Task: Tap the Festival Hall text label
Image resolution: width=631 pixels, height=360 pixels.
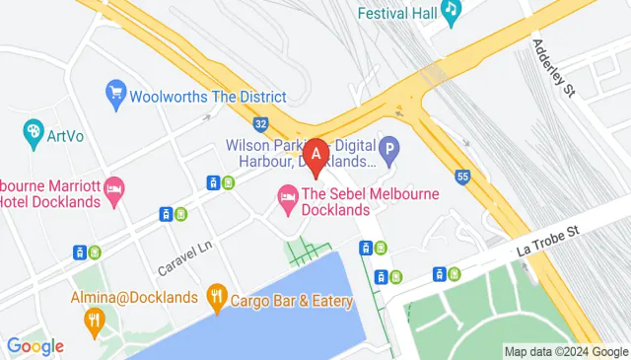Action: coord(396,15)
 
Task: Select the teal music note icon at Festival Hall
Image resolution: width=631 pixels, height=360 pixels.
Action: coord(451,12)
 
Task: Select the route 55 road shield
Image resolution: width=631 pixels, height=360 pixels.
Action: coord(462,176)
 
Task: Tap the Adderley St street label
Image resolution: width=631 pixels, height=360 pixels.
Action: coord(553,67)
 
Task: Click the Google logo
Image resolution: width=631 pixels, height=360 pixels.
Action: coord(35,346)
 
